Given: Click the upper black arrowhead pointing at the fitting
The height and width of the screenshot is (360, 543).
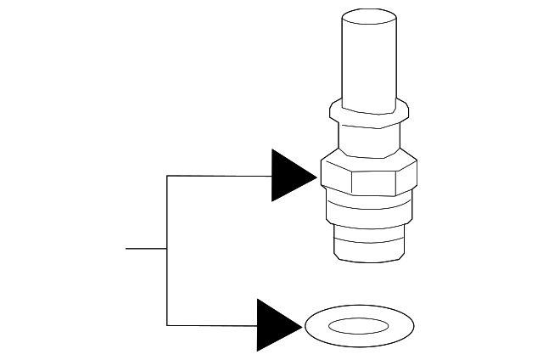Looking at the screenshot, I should click(290, 176).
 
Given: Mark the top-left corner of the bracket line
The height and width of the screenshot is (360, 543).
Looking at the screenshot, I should click(167, 176).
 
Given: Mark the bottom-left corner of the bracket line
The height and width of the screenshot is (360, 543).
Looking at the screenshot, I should click(167, 325).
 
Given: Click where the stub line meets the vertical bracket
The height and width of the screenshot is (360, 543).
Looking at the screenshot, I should click(167, 249).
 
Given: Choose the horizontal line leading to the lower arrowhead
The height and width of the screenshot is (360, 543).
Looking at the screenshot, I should click(212, 325).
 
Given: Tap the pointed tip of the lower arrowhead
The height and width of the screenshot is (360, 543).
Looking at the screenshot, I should click(302, 325).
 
